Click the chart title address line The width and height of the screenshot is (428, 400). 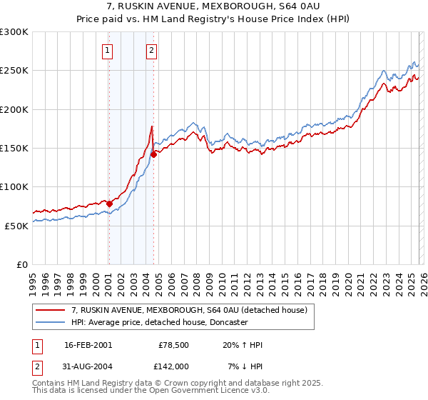[x=214, y=7]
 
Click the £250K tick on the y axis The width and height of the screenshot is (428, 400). [x=14, y=71]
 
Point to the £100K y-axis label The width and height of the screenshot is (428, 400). [x=14, y=186]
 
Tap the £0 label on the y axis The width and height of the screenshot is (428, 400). [x=22, y=264]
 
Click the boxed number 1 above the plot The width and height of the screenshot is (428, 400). [x=108, y=50]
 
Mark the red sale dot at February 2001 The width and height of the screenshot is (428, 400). [x=109, y=204]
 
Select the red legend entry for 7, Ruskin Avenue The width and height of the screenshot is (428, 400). [x=189, y=310]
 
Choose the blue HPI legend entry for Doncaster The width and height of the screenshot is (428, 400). [x=158, y=322]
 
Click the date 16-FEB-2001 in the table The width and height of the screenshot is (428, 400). [x=88, y=345]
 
